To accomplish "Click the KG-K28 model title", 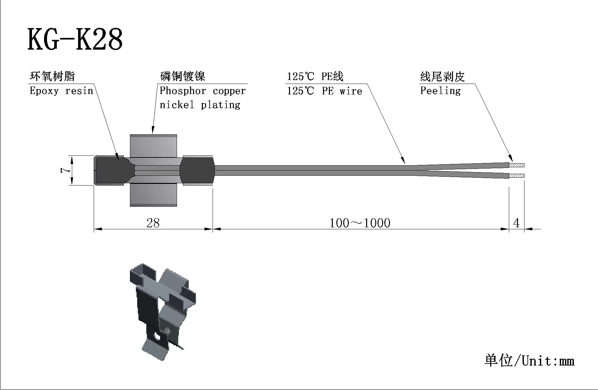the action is (x=75, y=39).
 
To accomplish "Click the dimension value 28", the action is (x=153, y=223).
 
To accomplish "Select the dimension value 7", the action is (x=65, y=170).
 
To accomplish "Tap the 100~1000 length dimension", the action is (x=360, y=223).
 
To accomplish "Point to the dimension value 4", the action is (x=516, y=223).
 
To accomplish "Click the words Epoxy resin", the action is (x=61, y=90).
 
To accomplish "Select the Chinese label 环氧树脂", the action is (x=52, y=76).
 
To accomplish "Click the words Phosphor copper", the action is (x=202, y=90).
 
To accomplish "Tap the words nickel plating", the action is (x=200, y=105).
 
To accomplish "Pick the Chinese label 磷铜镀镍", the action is (x=183, y=76).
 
